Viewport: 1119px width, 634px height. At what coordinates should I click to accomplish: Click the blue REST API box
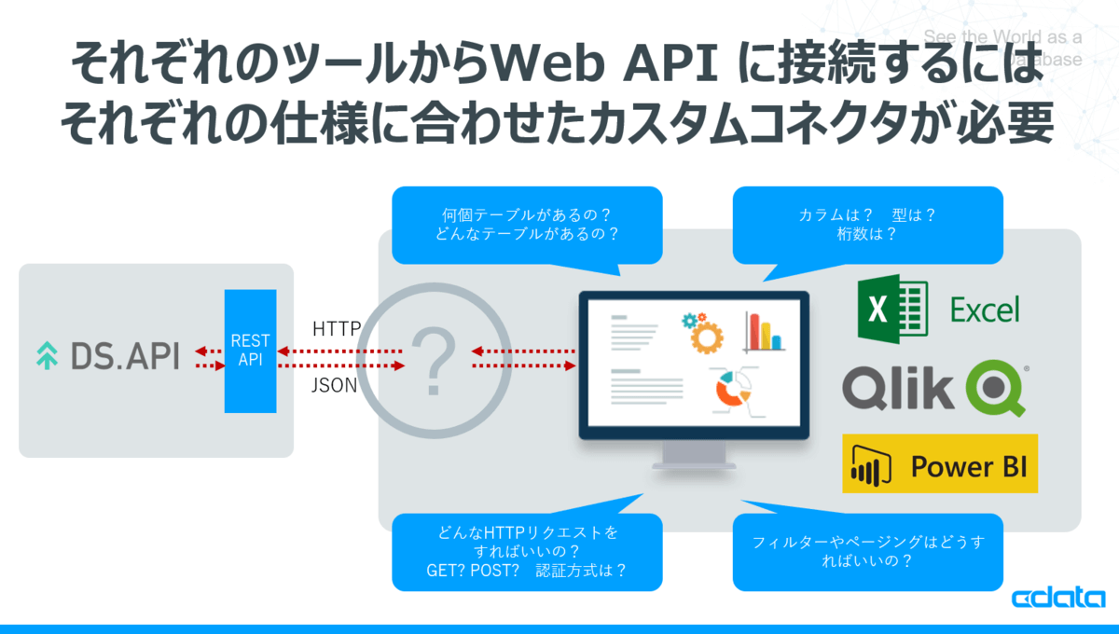coord(250,351)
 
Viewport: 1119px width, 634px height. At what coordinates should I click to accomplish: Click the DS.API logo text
coord(125,355)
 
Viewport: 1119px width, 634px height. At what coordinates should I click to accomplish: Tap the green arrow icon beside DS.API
coord(46,356)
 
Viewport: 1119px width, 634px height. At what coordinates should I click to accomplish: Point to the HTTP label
coord(337,329)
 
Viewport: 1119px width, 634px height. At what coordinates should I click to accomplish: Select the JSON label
coord(334,384)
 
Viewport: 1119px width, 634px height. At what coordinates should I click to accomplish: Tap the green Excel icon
coord(891,309)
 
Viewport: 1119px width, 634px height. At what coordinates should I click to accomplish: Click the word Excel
coord(985,310)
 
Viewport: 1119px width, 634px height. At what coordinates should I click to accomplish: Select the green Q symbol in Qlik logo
coord(997,388)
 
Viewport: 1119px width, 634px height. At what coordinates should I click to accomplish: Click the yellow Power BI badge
coord(939,463)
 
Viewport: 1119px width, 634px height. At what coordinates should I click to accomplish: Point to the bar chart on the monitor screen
coord(764,332)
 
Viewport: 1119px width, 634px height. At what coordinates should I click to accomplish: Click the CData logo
coord(1058,598)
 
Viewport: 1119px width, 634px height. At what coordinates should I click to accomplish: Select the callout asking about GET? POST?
coord(527,552)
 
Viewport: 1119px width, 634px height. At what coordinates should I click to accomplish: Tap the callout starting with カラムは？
coord(867,224)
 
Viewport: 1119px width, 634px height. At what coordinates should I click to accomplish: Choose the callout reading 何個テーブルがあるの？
coord(527,224)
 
